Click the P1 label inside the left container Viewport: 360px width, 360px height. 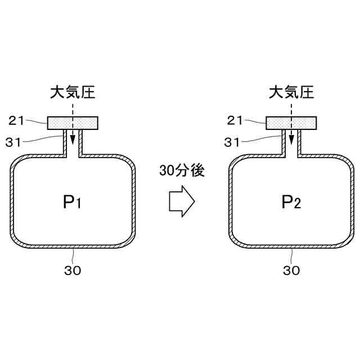tap(73, 202)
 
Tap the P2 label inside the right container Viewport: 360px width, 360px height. tap(292, 202)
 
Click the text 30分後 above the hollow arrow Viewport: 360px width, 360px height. tap(182, 172)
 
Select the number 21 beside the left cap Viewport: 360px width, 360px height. tap(17, 120)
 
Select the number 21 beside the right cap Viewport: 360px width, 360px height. tap(236, 120)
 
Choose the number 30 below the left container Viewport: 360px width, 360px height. tap(73, 271)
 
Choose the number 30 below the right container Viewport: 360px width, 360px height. tap(291, 271)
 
